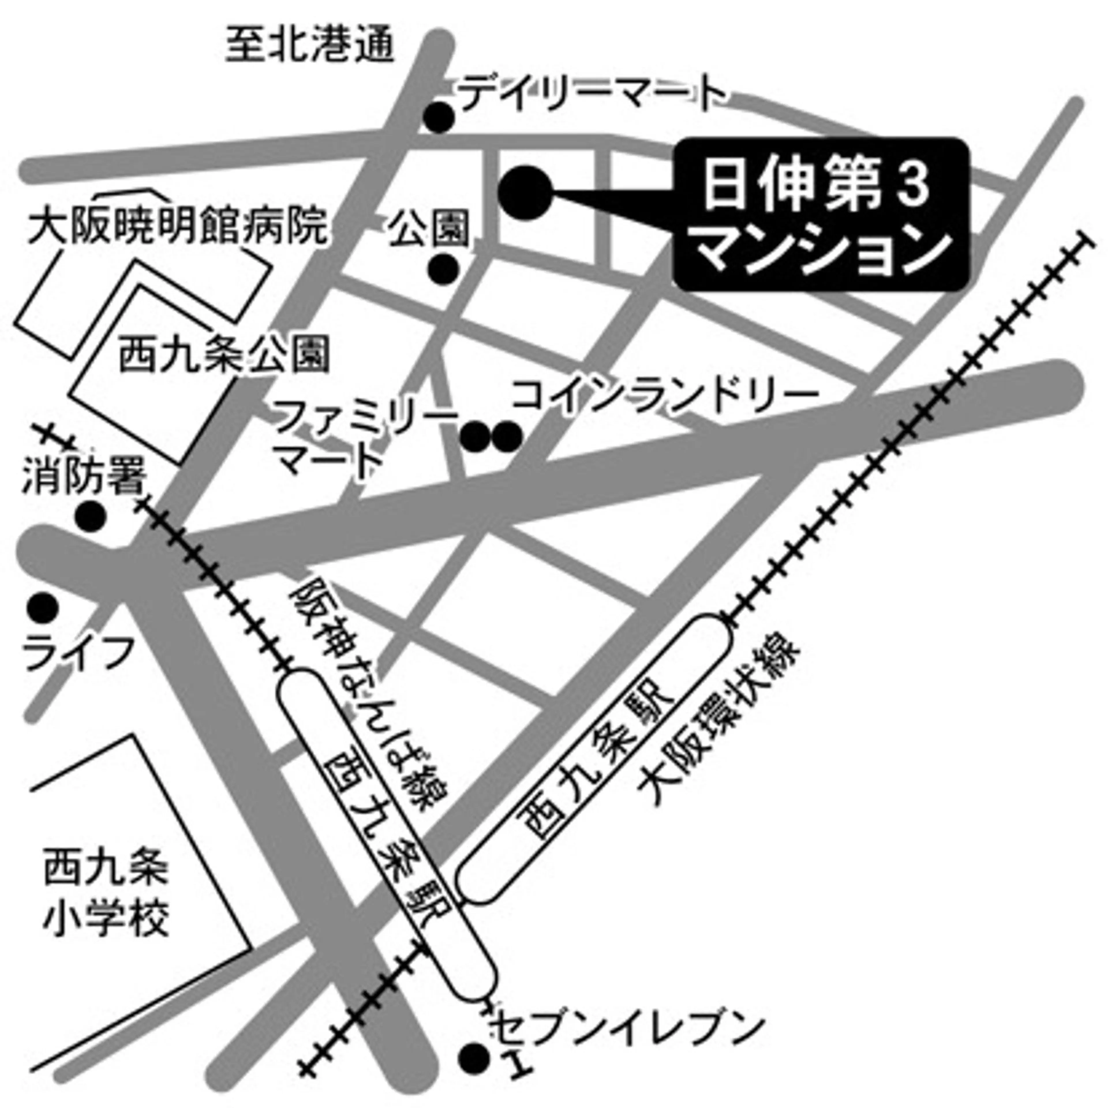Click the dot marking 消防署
point(92,516)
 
